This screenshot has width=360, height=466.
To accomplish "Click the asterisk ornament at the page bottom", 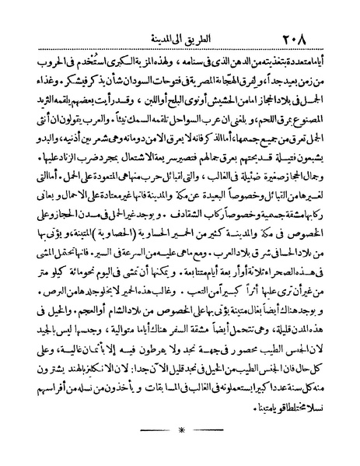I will (180, 449).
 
